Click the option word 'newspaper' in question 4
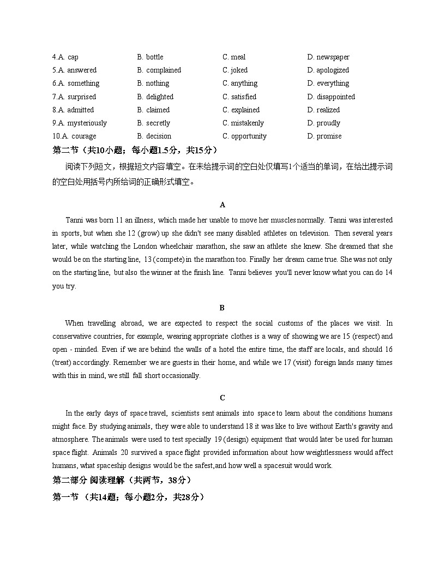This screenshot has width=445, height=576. coord(333,57)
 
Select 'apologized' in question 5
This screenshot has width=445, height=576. coord(332,70)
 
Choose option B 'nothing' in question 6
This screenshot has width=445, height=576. coord(157,83)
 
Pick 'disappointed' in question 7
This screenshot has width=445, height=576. coord(335,97)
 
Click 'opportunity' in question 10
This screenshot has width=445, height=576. coord(249,136)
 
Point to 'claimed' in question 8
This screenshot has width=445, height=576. coord(158,110)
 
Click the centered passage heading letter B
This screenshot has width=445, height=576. coord(222,308)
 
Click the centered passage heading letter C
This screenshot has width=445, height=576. coord(222,398)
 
